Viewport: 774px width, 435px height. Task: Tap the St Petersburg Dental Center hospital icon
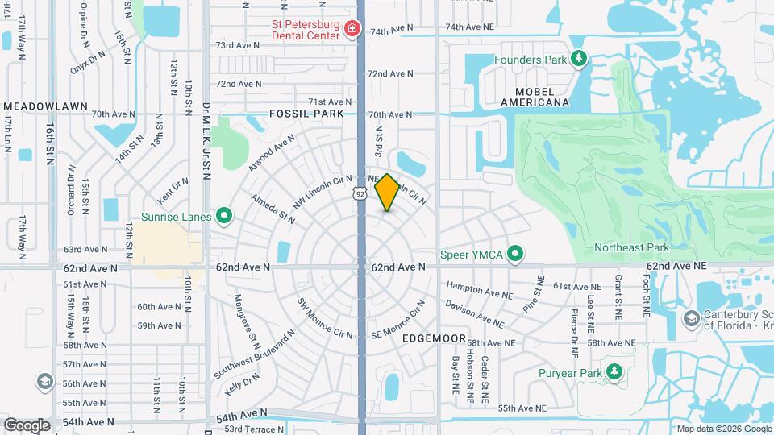[352, 30]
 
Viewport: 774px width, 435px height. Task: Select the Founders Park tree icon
[578, 59]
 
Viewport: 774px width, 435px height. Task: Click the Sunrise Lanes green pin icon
[224, 217]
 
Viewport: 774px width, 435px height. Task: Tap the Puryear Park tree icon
[614, 372]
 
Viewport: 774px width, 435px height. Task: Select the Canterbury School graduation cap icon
[691, 319]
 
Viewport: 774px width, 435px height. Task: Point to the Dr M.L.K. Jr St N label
[206, 140]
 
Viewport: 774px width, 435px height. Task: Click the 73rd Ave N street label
[237, 45]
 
